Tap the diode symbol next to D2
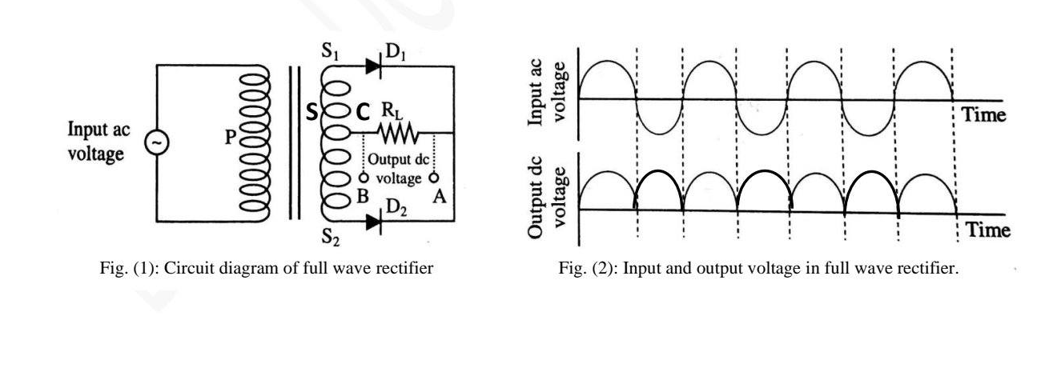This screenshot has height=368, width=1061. pos(373,222)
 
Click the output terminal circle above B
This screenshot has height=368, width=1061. pos(364,178)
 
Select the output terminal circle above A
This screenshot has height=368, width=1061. pos(434,178)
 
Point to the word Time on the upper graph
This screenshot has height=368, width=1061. pos(984,114)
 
